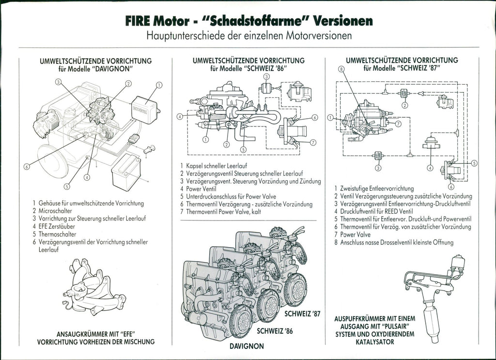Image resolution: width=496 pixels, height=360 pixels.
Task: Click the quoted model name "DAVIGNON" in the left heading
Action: coord(115,69)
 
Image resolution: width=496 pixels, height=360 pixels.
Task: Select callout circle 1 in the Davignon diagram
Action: coord(159,85)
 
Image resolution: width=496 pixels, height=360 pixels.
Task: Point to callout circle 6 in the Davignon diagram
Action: coord(27,167)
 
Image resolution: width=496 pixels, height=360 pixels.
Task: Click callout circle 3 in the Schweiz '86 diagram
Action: coord(266,77)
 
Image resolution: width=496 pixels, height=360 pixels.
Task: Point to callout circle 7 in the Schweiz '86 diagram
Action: coord(313,142)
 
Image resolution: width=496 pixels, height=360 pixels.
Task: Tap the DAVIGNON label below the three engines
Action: coord(247,346)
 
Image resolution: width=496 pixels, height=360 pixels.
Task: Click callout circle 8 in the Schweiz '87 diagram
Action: coord(341,69)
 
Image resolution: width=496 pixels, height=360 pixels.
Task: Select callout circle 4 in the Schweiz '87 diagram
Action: coord(430,168)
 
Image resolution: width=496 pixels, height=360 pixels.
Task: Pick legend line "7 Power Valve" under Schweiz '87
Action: coord(348,235)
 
